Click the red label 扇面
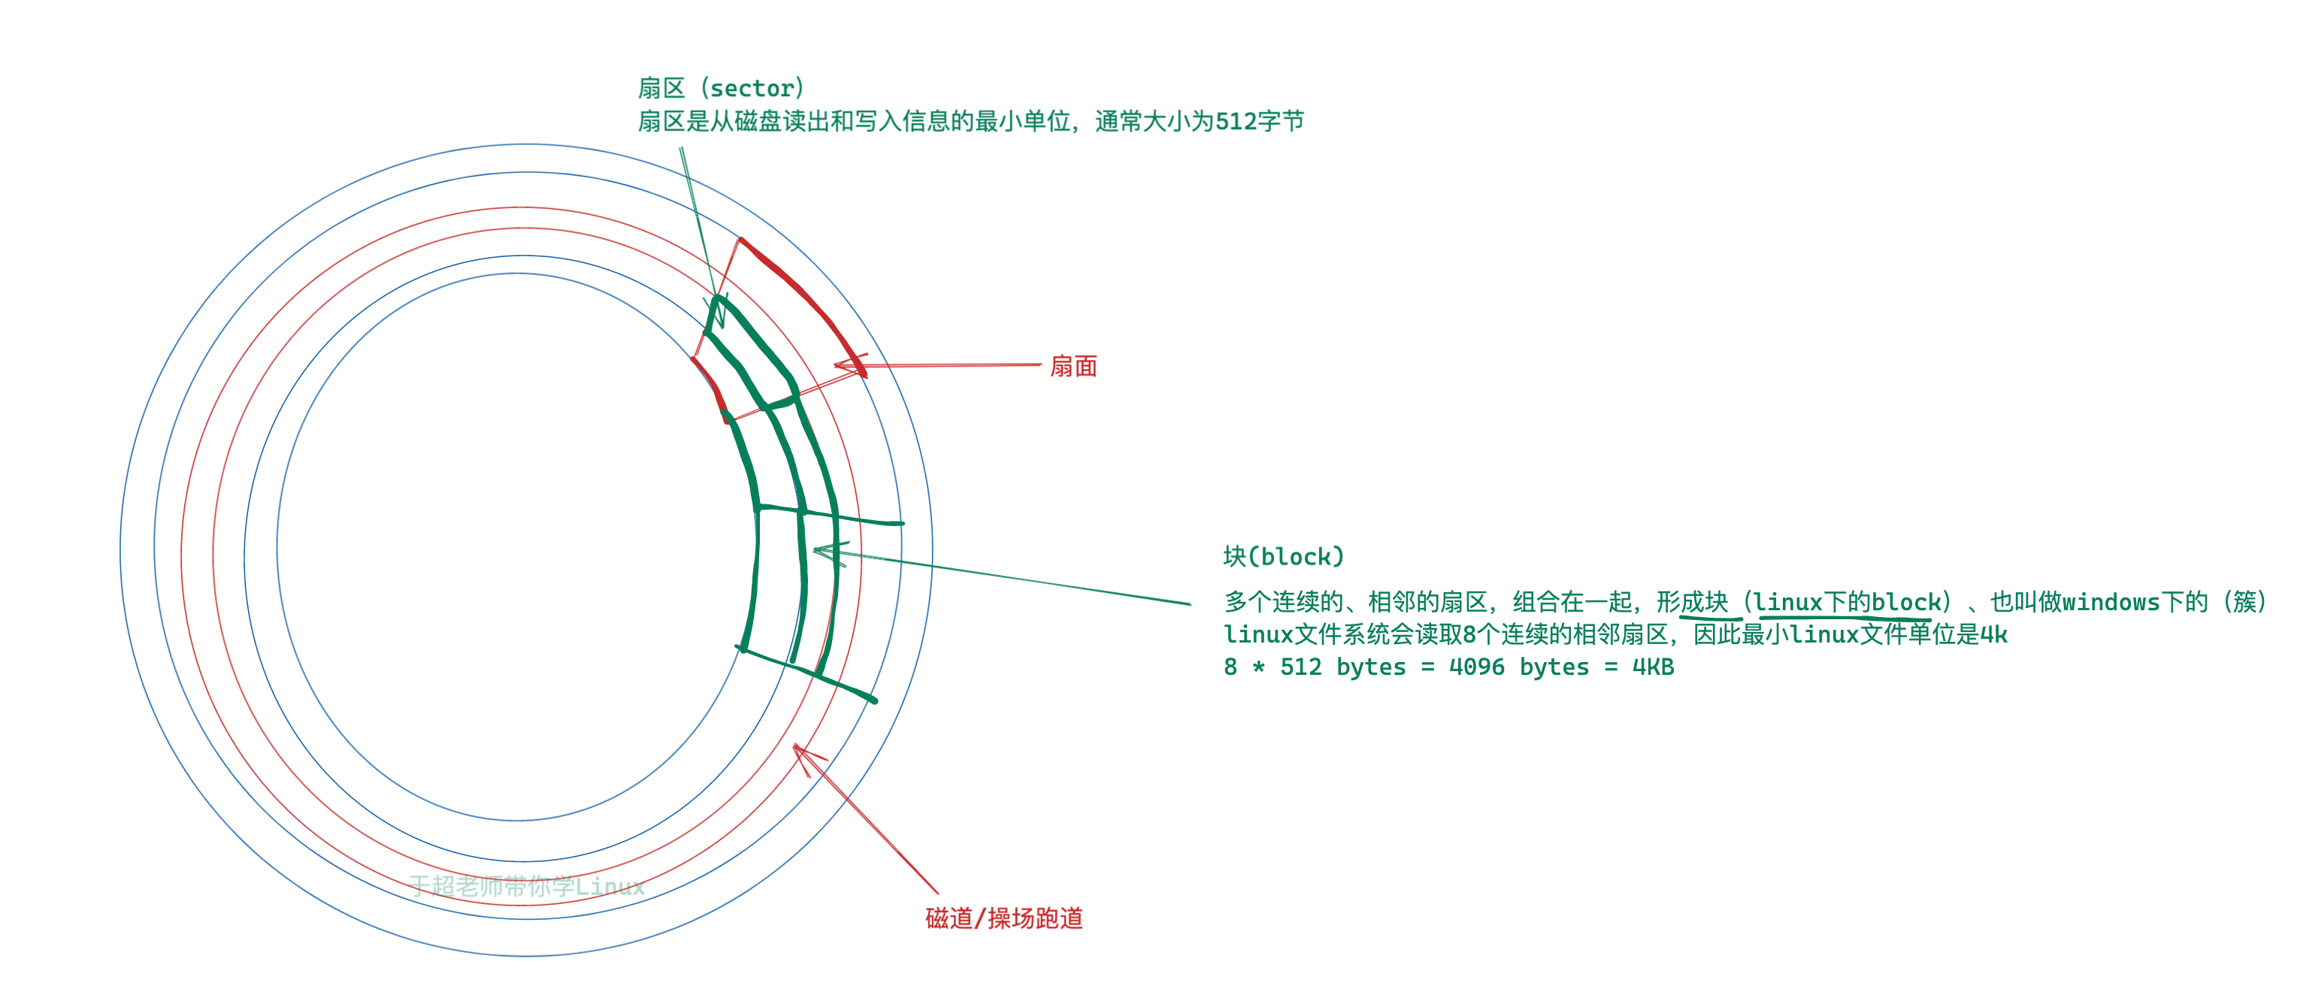tap(1073, 367)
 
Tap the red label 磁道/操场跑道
tap(1004, 918)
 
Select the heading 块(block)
tap(1283, 557)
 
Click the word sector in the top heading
tap(751, 88)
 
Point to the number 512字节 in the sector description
tap(1260, 121)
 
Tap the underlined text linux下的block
tap(1847, 603)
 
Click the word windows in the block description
tap(2111, 603)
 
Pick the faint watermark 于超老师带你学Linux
tap(527, 885)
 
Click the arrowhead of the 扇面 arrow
tap(838, 364)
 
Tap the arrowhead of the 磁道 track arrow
tap(796, 748)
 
